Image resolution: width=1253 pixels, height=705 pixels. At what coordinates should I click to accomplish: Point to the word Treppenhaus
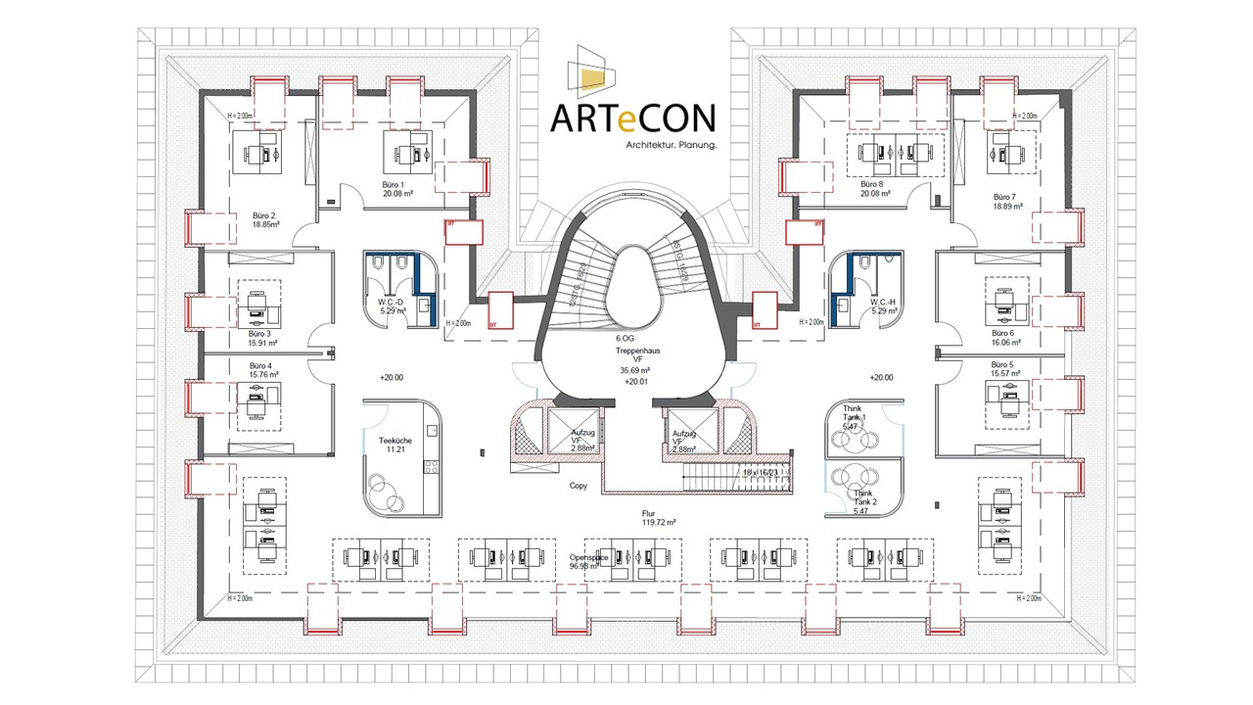point(637,350)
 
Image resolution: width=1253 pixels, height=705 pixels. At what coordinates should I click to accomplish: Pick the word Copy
point(580,486)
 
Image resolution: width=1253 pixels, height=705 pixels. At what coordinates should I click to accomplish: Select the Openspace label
point(589,558)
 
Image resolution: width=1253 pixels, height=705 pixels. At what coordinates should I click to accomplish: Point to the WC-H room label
point(884,301)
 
